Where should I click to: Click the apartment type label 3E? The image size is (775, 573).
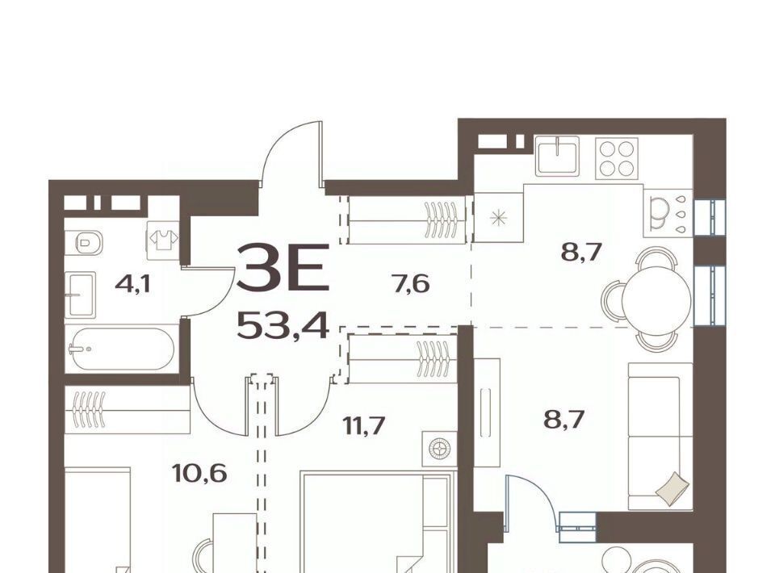[283, 266]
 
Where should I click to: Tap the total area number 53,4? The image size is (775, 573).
[283, 325]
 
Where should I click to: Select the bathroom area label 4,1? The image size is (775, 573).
[132, 284]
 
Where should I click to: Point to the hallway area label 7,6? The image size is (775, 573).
[411, 284]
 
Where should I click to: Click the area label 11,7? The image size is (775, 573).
[364, 425]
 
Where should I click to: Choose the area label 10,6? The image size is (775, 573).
[199, 473]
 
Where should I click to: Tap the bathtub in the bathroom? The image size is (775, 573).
[122, 349]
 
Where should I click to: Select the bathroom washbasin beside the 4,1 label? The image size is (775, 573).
[80, 295]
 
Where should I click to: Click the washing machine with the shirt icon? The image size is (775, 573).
[162, 239]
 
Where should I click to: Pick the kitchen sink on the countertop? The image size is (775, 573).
[557, 155]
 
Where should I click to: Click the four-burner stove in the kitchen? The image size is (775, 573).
[617, 158]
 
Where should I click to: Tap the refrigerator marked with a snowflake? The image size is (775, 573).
[498, 218]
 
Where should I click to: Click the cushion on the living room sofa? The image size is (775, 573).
[672, 488]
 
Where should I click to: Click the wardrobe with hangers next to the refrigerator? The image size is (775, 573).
[407, 219]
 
